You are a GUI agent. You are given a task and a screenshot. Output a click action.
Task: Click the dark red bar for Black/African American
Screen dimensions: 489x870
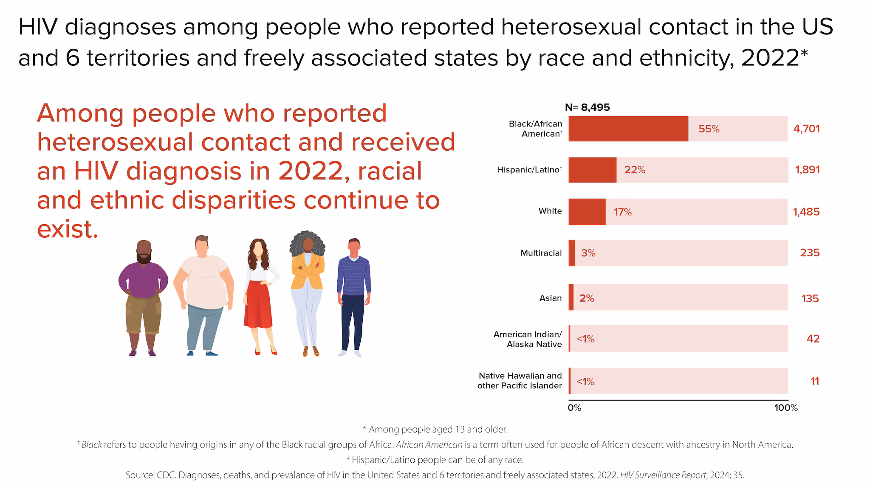(x=628, y=129)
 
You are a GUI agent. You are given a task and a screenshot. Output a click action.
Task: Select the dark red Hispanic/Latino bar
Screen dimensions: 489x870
(x=592, y=170)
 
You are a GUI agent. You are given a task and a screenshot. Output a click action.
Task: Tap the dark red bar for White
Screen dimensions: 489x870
(x=587, y=211)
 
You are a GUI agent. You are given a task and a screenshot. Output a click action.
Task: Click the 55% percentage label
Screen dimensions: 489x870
(x=709, y=129)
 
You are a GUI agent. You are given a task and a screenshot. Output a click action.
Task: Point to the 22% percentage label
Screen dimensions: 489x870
(x=635, y=170)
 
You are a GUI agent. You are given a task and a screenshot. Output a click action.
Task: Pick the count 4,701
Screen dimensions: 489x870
(x=806, y=129)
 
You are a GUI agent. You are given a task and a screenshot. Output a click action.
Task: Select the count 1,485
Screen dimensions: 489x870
(x=806, y=211)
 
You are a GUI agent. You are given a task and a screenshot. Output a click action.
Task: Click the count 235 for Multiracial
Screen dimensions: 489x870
(x=809, y=253)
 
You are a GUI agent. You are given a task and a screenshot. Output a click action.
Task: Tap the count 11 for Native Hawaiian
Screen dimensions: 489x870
(x=814, y=381)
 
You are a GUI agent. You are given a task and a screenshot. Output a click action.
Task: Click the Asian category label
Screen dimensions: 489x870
(x=550, y=298)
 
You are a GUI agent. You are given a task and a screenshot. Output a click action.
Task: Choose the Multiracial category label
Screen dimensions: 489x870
(x=541, y=253)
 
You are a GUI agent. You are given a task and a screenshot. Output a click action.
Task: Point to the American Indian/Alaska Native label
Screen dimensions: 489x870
(x=527, y=339)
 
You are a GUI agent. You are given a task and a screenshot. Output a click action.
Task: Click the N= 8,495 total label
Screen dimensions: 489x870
(x=587, y=107)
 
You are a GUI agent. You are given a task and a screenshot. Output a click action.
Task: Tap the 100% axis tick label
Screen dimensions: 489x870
(x=785, y=408)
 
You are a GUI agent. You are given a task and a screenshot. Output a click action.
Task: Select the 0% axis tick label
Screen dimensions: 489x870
(x=574, y=408)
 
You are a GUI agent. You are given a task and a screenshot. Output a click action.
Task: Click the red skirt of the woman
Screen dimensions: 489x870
(x=258, y=304)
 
